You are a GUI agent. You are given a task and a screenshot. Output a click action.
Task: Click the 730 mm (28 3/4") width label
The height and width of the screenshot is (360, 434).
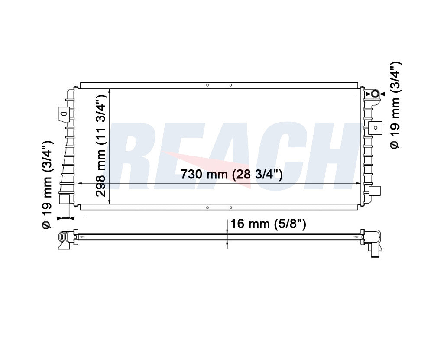click(231, 174)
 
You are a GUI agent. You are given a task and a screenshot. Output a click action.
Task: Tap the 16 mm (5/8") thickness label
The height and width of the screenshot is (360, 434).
click(268, 224)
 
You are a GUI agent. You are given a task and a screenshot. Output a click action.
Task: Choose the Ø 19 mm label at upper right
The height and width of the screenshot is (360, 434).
click(395, 105)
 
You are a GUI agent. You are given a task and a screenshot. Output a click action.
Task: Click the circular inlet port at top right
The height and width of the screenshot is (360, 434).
click(375, 94)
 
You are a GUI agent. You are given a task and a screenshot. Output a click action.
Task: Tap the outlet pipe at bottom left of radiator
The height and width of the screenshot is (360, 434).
click(65, 206)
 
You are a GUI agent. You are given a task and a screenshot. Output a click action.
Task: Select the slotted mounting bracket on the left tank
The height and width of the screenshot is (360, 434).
click(62, 114)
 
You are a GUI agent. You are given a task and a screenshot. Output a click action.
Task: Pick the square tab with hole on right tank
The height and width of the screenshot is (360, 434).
click(376, 128)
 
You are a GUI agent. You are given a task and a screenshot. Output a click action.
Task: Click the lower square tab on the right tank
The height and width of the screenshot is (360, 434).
click(375, 191)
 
